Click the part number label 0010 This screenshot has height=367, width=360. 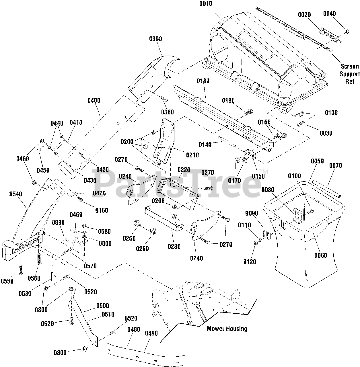click(x=206, y=4)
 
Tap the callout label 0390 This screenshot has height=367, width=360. click(x=155, y=39)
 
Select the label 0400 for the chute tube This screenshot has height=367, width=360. click(x=94, y=100)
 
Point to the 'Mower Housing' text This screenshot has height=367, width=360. click(x=227, y=329)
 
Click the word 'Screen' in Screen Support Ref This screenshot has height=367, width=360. click(x=350, y=66)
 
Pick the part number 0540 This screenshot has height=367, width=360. click(x=15, y=194)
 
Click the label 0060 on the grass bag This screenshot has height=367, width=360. click(x=321, y=255)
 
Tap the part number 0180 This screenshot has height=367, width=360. click(x=203, y=81)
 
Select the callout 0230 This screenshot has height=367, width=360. click(x=174, y=247)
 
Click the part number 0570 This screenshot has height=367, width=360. click(x=90, y=266)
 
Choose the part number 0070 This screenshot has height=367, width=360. click(x=336, y=165)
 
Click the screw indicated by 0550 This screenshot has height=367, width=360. click(x=21, y=270)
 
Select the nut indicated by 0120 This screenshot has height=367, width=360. click(x=255, y=243)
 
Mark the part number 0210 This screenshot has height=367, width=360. click(x=192, y=155)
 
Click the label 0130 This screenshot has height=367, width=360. click(x=331, y=113)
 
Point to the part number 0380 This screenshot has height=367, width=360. click(x=167, y=112)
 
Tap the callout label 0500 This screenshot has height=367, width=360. click(x=102, y=306)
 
